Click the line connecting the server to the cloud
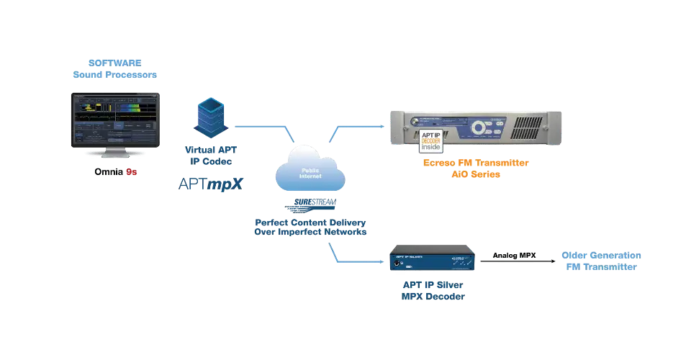[x=263, y=125]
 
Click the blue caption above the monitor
[x=115, y=68]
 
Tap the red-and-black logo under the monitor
[x=115, y=173]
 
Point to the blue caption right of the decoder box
[x=602, y=261]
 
